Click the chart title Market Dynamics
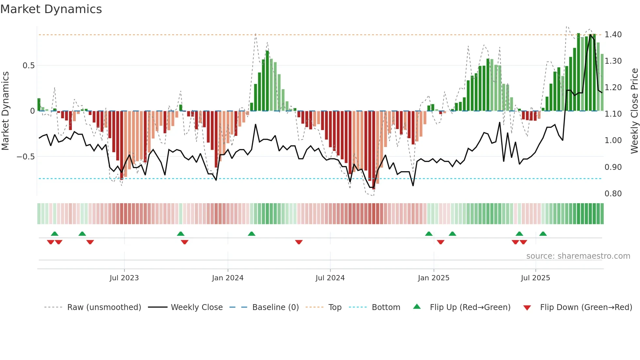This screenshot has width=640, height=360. coord(51,9)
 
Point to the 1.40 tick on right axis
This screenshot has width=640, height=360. coord(613,35)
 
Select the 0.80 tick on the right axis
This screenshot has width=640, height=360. coord(613,194)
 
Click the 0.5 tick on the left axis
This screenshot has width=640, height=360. coord(28,66)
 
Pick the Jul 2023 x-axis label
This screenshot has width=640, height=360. coord(124,278)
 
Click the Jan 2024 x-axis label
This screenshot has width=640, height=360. coord(228,278)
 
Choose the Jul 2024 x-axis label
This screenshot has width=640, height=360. coord(330,278)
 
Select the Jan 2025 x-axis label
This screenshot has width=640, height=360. coord(433,278)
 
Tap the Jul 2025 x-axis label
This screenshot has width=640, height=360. coord(535,278)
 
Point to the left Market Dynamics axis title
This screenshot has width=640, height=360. coord(5,111)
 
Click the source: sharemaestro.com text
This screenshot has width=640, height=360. coord(578,256)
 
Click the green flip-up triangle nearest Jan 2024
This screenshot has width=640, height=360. coord(251,234)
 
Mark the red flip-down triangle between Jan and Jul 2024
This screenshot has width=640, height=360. coord(299,242)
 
